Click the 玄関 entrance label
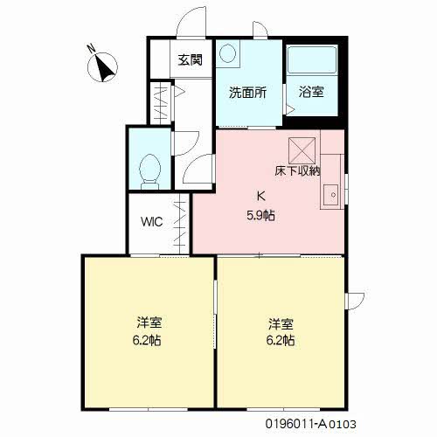[x=190, y=60]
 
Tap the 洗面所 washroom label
[x=247, y=93]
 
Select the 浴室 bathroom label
[x=311, y=92]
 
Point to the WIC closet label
[x=152, y=222]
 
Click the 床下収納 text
[x=297, y=170]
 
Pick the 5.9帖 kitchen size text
[x=260, y=216]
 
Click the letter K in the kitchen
[x=261, y=196]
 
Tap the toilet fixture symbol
[x=150, y=172]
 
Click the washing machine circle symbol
[x=227, y=53]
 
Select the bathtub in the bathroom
[x=312, y=59]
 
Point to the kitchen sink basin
[x=331, y=195]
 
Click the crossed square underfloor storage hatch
[x=302, y=150]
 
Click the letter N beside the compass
[x=92, y=48]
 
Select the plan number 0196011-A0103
[x=310, y=424]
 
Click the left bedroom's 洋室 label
[x=149, y=323]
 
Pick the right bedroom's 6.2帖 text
[x=281, y=340]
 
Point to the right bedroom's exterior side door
[x=355, y=302]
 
